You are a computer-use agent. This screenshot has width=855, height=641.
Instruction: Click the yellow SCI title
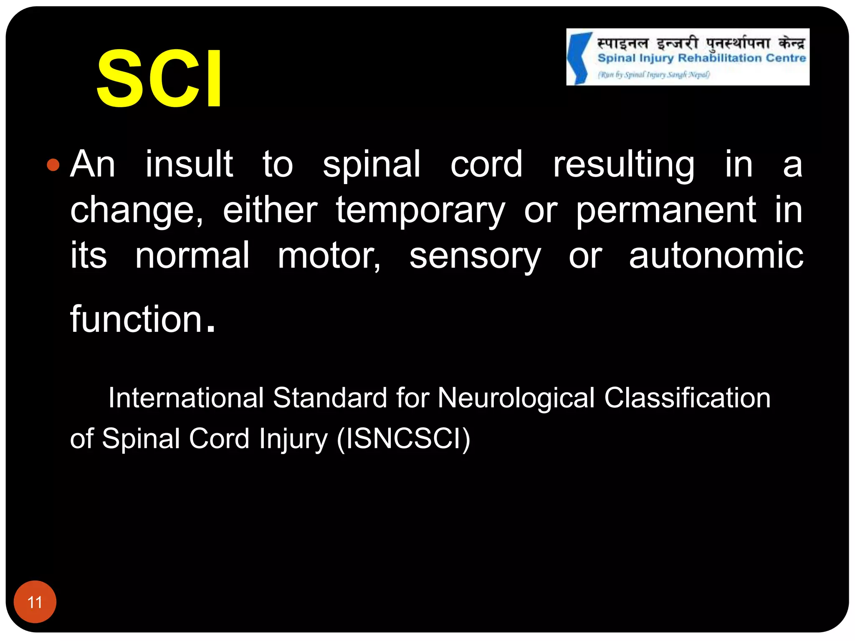click(x=159, y=79)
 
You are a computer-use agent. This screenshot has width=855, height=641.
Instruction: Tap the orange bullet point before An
click(x=53, y=165)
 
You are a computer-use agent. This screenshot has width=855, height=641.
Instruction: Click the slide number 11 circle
click(x=35, y=602)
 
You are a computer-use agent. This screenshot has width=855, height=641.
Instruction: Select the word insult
click(x=189, y=164)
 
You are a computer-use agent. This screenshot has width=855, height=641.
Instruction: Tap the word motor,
click(x=329, y=255)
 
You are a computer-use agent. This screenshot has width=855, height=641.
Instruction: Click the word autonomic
click(x=716, y=255)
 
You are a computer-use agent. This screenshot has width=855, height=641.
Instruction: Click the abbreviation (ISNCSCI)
click(x=403, y=439)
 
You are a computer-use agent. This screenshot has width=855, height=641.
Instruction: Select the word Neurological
click(x=516, y=398)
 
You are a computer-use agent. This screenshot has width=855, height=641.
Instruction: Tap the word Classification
click(x=687, y=397)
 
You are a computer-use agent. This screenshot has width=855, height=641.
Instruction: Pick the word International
click(x=186, y=397)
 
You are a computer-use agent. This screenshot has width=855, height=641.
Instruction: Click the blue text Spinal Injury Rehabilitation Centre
click(x=701, y=58)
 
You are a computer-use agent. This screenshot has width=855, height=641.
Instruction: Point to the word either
click(x=270, y=210)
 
